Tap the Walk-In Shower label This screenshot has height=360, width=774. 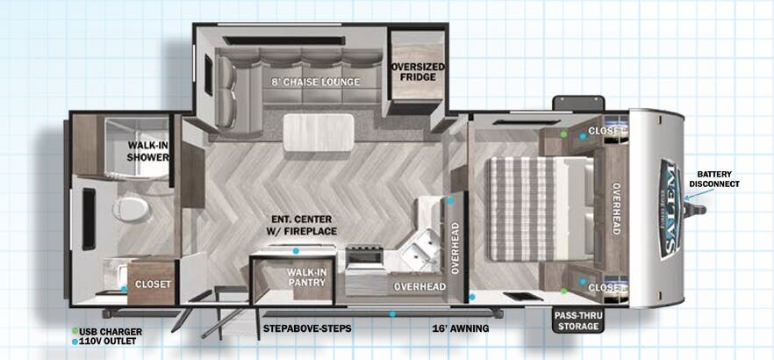147,151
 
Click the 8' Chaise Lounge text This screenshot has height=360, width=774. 315,82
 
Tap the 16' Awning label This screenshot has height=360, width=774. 460,328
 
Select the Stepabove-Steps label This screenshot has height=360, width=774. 307,328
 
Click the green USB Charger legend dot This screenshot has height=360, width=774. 75,331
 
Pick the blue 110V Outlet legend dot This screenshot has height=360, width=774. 75,342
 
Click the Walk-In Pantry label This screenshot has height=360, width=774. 306,277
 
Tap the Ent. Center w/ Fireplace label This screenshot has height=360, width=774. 305,225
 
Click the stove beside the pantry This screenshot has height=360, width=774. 364,256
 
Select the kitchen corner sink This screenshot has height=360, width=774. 419,252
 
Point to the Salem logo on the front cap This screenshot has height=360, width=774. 670,209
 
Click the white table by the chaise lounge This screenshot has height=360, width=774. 319,133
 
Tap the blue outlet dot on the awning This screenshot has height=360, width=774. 392,313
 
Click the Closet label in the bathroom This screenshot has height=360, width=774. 153,284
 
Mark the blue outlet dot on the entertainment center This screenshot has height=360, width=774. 296,251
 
